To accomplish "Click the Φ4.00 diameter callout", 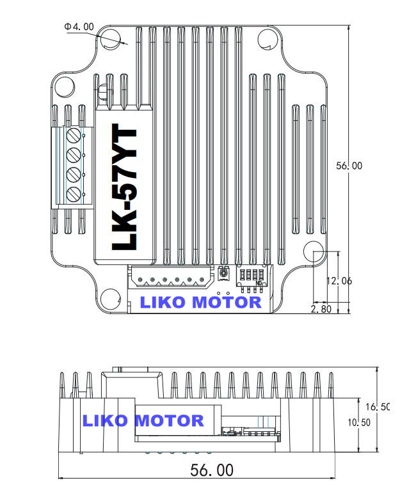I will coord(79,27).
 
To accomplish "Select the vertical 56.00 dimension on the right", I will coord(349,166).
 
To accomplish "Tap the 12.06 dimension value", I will coord(339,281).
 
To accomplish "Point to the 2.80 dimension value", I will coord(321,309).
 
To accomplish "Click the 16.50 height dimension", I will coord(377,407).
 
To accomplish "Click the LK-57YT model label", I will coord(124,189).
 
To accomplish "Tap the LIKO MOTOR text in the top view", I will coord(200,302).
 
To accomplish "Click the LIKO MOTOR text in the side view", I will coord(143,420).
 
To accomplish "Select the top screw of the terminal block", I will coord(74,136).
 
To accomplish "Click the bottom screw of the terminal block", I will coord(74,194).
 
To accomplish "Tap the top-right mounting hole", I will coord(267,39).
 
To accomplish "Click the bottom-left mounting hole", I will coord(110,297).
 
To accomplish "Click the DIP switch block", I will coord(251,275).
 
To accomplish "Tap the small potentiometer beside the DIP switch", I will coord(223,274).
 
